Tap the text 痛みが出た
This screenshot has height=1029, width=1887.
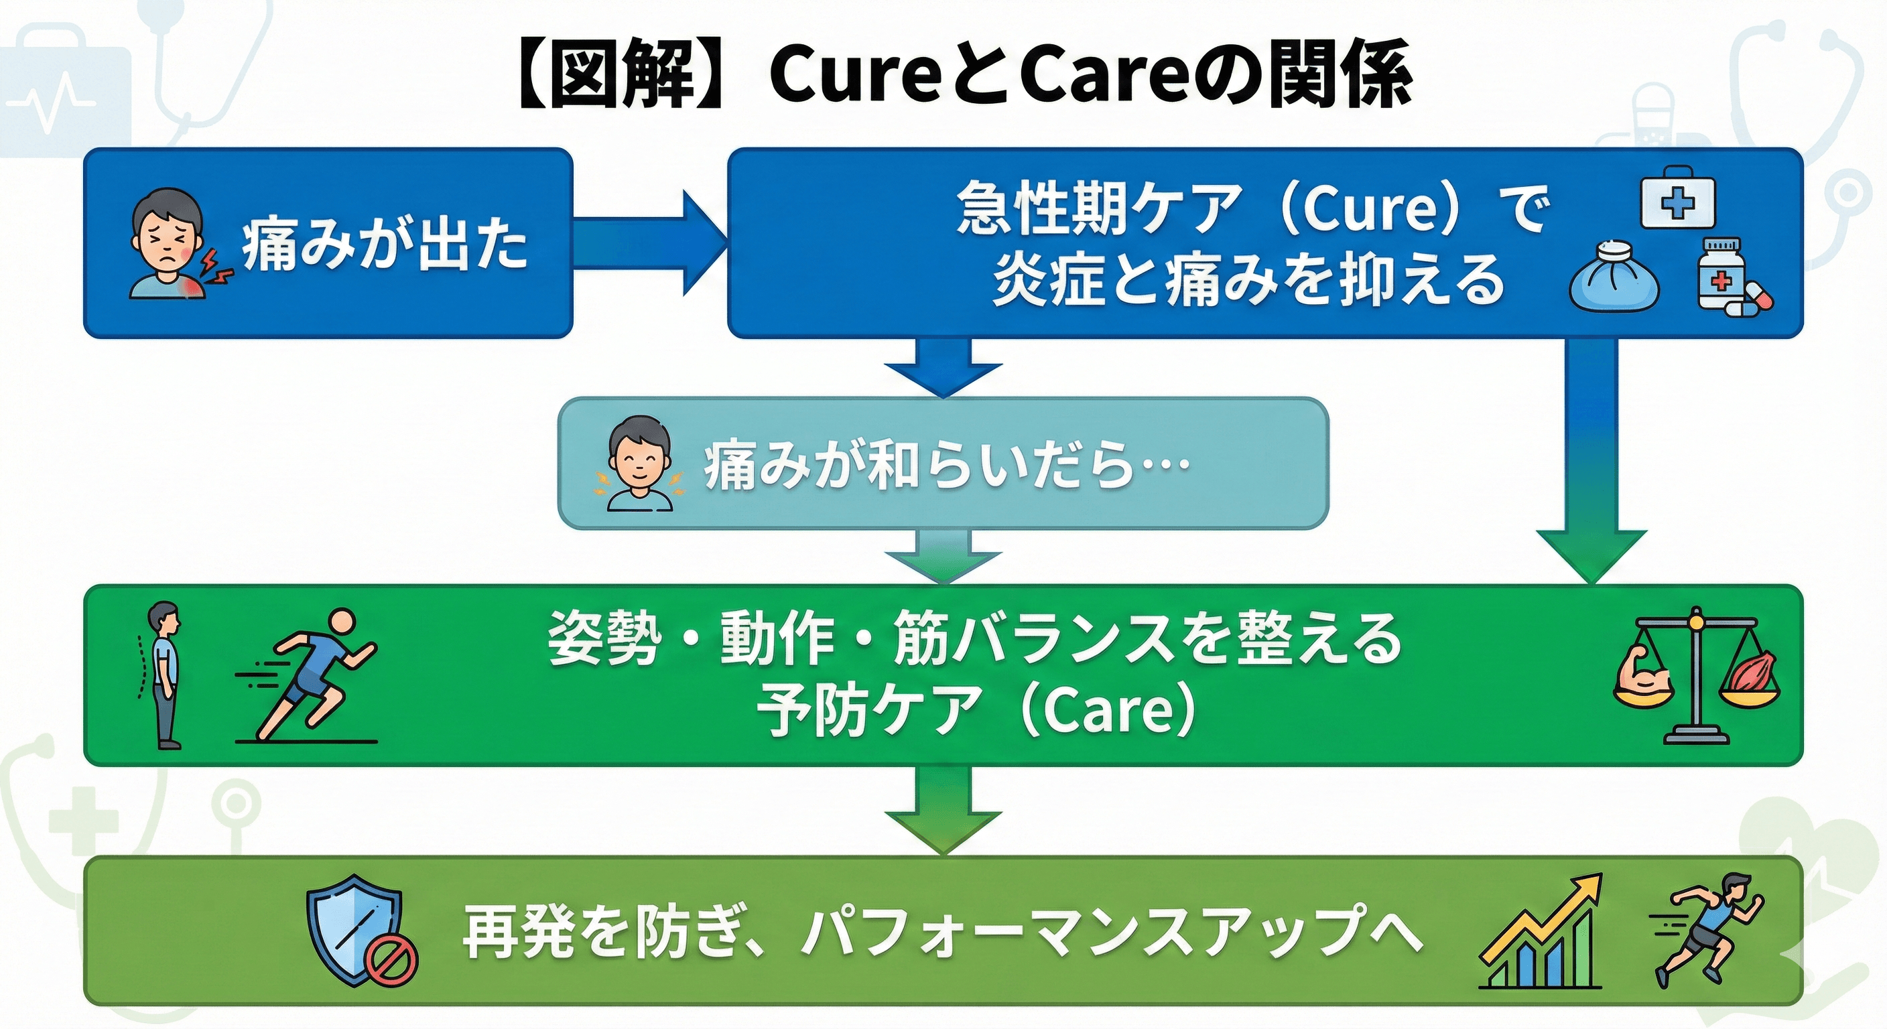point(385,245)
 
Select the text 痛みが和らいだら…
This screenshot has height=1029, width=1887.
point(945,466)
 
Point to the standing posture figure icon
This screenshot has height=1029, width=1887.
point(164,675)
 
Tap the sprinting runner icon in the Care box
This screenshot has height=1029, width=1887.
point(312,675)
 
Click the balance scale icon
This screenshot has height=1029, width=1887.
point(1697,675)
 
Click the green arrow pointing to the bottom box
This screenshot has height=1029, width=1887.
point(943,809)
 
